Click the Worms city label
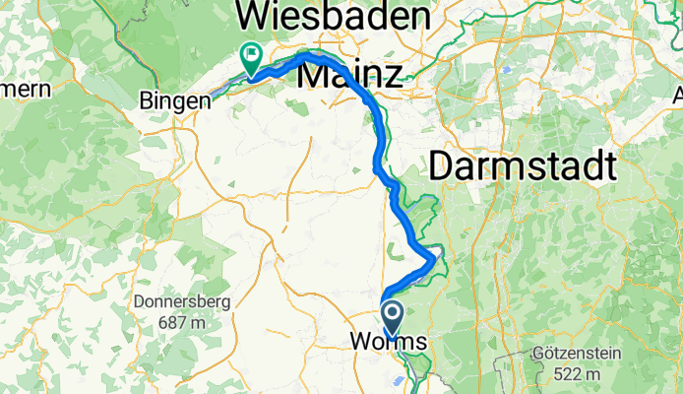389,343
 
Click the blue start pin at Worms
393,316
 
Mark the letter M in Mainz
321,75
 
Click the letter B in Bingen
147,100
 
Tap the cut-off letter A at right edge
678,96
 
